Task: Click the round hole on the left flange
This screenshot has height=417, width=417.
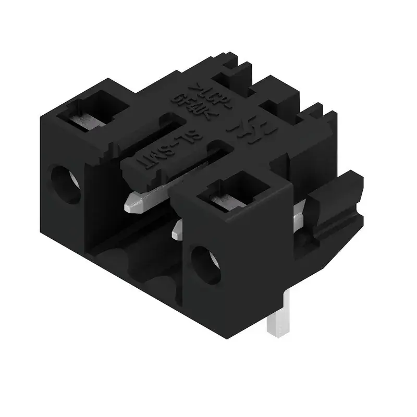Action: [66, 183]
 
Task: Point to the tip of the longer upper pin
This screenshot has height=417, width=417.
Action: [131, 204]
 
